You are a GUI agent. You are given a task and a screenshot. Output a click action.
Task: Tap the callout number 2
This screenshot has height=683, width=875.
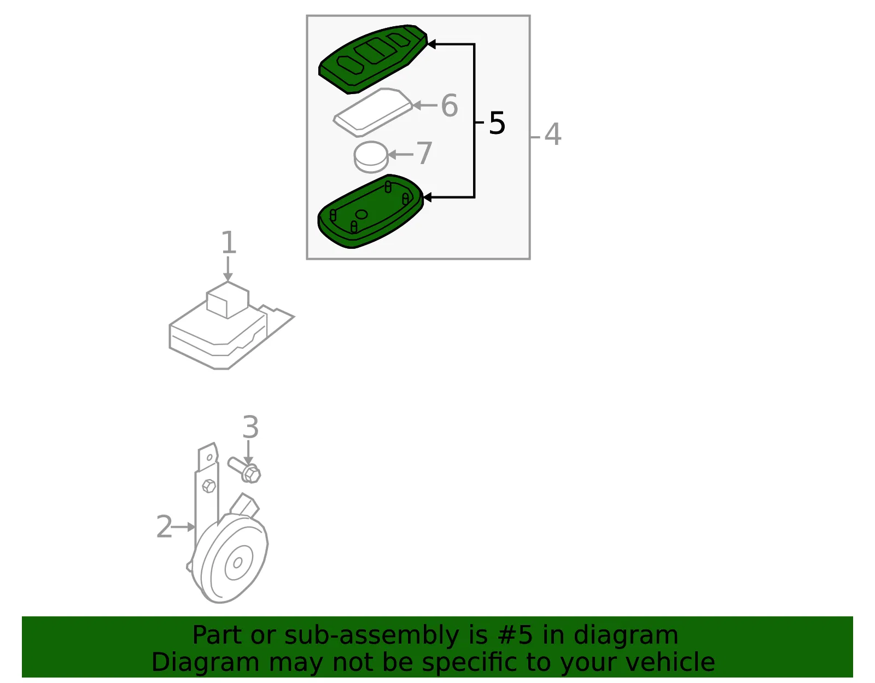point(164,527)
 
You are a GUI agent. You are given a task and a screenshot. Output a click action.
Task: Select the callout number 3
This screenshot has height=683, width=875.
point(250,427)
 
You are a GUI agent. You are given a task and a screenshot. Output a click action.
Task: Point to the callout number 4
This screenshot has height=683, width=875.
point(553,134)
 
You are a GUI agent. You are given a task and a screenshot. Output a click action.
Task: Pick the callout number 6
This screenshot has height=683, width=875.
point(450,106)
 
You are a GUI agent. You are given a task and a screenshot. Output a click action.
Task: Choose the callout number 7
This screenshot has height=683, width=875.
point(424,153)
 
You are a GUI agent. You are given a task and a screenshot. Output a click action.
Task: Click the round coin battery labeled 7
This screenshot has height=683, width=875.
point(371,156)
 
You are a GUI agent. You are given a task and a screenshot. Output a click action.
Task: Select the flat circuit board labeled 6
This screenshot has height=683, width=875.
point(374,112)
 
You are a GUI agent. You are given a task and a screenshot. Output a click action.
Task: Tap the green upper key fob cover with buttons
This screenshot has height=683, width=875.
point(372,59)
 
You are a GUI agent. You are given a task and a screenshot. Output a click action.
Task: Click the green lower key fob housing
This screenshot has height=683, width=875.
point(370,211)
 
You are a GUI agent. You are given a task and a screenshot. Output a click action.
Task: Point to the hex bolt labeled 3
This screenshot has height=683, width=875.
point(244,470)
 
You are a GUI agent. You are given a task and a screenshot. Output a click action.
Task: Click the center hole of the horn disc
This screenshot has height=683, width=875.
point(237,563)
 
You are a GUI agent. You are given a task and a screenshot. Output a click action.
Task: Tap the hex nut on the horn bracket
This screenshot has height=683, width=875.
point(209,486)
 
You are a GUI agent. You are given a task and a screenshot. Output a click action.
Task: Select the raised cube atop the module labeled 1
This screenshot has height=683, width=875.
point(227,300)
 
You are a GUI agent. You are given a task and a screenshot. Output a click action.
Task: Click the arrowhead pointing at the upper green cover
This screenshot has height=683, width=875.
point(431,44)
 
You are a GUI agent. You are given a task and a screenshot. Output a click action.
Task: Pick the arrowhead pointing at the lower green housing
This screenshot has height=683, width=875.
point(428,197)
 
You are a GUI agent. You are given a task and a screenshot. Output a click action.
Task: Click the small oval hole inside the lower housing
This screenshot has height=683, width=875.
point(361,214)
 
